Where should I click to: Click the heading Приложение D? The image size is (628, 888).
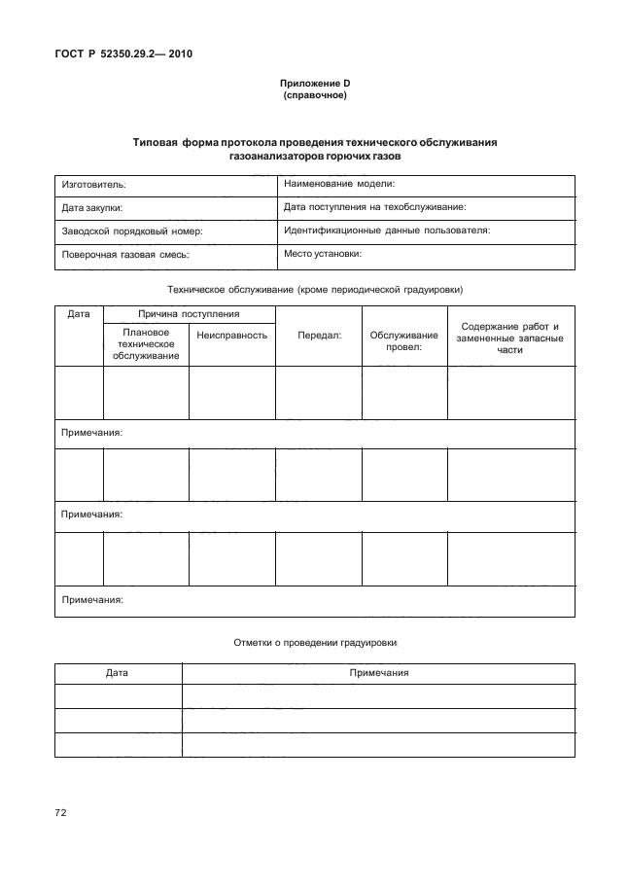[x=314, y=85]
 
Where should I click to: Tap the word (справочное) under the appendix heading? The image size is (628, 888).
[x=314, y=96]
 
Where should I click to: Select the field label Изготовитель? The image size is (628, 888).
[x=95, y=184]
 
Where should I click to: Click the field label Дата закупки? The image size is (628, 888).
[x=92, y=207]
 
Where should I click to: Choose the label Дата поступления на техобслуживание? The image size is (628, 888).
[x=375, y=206]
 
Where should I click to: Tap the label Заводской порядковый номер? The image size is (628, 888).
[x=131, y=231]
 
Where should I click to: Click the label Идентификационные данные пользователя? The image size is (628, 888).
[x=386, y=231]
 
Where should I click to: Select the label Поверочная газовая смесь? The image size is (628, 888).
[x=124, y=255]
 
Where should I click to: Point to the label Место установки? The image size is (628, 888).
[x=323, y=254]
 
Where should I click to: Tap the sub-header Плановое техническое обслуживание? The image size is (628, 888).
[x=145, y=344]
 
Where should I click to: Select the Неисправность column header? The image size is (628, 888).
[x=231, y=335]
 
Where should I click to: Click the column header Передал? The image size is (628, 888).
[x=318, y=335]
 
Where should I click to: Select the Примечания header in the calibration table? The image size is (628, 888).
[x=378, y=673]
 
